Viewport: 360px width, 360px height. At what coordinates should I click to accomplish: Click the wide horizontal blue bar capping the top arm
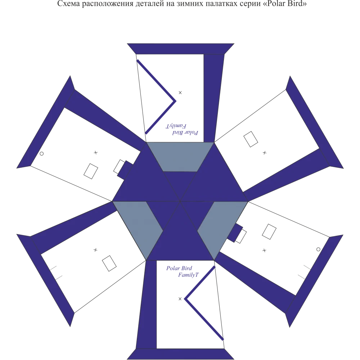coord(180,48)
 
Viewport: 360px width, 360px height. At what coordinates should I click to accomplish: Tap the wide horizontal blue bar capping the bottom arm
coord(180,354)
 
